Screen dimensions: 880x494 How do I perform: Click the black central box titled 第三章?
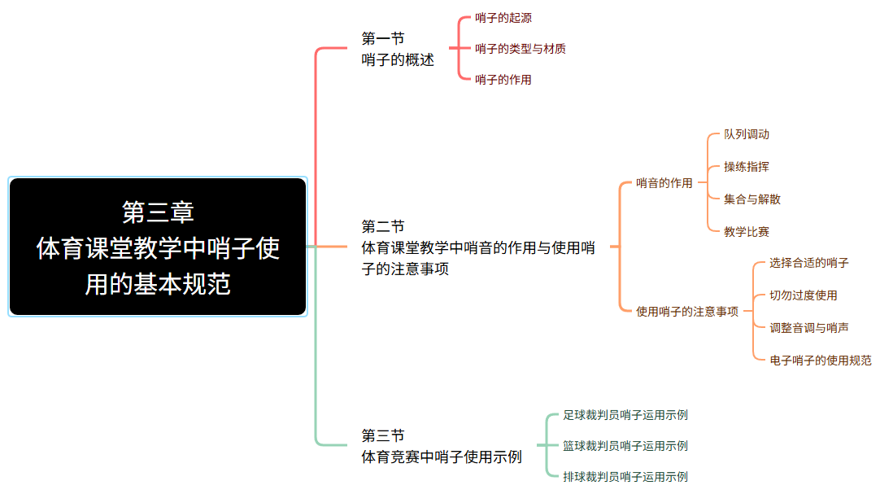(158, 247)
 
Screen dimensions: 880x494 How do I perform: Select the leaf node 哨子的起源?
(503, 18)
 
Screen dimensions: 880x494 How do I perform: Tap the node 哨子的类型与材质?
(521, 49)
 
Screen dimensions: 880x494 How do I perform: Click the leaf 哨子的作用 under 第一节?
(503, 80)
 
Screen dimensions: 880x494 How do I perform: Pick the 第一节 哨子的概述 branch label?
(398, 50)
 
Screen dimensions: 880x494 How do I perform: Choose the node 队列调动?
(747, 134)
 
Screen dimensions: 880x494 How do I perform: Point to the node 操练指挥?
(747, 167)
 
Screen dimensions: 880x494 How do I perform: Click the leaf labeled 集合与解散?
(752, 199)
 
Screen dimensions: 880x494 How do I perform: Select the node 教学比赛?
(747, 232)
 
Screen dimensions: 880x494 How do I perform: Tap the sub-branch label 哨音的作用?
(664, 183)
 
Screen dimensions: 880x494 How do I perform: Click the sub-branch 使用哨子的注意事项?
(687, 312)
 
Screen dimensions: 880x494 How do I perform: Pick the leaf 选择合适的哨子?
(808, 263)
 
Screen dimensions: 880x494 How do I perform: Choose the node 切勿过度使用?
(803, 295)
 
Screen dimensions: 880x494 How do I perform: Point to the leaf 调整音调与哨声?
(808, 328)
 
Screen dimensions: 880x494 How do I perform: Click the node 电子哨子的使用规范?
(821, 361)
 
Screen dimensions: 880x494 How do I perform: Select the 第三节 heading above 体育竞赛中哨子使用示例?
(383, 435)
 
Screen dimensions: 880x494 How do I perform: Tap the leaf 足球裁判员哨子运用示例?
(625, 415)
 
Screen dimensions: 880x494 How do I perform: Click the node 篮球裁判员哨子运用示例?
(625, 446)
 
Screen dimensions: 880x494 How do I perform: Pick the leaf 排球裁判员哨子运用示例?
(625, 477)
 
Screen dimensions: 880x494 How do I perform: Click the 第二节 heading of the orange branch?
(383, 227)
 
